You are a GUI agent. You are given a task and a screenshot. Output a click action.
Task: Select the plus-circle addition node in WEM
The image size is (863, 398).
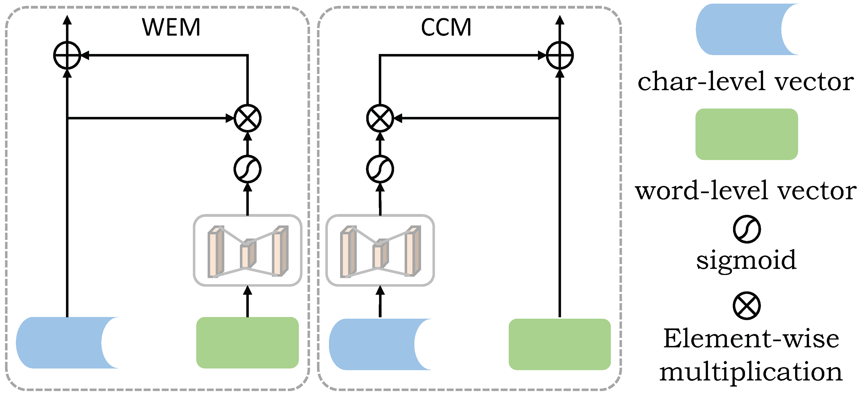[67, 55]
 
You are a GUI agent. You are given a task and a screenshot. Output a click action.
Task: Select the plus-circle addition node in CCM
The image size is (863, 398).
[559, 55]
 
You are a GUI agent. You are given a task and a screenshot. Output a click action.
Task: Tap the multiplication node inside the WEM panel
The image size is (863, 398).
[247, 118]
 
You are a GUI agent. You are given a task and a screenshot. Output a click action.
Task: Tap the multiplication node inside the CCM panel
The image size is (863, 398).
[380, 118]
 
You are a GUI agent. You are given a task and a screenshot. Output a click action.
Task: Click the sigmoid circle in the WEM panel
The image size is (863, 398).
[247, 169]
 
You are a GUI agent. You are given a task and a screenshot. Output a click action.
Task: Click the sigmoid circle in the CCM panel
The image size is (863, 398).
[380, 169]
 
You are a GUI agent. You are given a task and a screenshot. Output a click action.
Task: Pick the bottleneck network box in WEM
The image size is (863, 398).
[247, 250]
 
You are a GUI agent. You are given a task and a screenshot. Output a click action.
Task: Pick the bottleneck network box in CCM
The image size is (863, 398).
[380, 250]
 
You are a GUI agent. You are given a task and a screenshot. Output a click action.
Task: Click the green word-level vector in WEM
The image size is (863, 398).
[247, 342]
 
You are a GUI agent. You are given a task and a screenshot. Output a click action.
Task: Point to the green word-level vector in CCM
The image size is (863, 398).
[559, 344]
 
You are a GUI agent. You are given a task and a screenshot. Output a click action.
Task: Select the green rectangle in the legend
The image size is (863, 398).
[746, 134]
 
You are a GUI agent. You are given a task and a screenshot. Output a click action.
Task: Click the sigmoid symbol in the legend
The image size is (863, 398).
[746, 229]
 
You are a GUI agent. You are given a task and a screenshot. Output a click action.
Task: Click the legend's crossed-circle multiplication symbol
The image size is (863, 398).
[746, 306]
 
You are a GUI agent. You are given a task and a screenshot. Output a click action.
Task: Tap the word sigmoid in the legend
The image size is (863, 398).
[746, 260]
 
